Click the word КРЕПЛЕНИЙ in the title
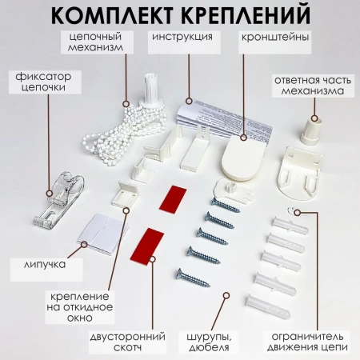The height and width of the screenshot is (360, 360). (247, 14)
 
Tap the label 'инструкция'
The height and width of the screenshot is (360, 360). (182, 37)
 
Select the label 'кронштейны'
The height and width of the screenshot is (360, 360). (275, 37)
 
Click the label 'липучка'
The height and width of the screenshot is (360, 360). (44, 265)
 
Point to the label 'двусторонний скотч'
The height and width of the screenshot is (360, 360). (127, 342)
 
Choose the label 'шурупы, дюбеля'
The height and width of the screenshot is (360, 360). (209, 342)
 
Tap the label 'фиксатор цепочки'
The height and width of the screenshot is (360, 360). (43, 82)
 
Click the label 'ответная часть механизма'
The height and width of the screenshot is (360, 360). (313, 86)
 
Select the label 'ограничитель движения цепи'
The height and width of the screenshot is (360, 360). (307, 342)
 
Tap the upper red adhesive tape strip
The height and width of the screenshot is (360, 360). (173, 198)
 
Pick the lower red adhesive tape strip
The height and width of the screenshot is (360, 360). (147, 246)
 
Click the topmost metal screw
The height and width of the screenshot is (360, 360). (225, 205)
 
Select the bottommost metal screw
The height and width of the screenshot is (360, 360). (193, 278)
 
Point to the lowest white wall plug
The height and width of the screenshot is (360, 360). (267, 306)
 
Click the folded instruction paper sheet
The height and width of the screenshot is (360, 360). (224, 118)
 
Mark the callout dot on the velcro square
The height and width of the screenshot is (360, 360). (84, 244)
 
